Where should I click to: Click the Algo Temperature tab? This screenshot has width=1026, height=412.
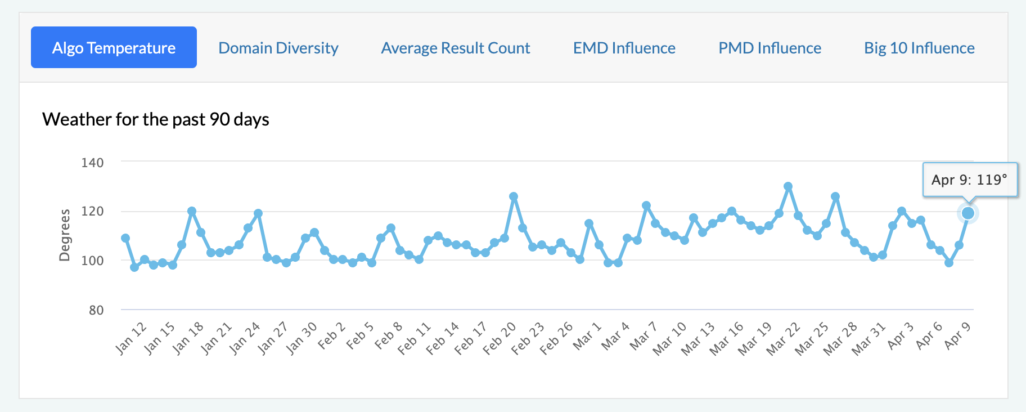pos(114,47)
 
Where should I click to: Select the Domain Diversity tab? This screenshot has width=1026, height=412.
pos(278,48)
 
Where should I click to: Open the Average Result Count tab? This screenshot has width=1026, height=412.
pos(456,48)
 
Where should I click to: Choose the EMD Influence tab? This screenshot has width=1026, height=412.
pos(624,48)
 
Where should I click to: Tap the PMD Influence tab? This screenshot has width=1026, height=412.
pos(770,48)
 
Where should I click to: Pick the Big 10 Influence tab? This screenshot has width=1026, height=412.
pos(920,48)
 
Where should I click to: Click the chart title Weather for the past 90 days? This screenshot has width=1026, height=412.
pos(156,119)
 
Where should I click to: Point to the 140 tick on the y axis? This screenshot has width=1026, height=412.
pos(92,163)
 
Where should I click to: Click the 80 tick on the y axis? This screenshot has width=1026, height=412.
pos(96,310)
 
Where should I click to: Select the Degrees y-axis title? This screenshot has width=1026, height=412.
pos(65,235)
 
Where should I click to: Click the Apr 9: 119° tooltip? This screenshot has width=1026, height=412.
pos(970,180)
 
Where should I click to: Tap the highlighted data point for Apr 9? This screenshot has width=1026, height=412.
pos(968,213)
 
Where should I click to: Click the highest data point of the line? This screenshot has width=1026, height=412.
pos(788,186)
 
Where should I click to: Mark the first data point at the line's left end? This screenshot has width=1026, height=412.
pos(125,238)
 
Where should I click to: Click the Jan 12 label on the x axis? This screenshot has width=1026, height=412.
pos(131,338)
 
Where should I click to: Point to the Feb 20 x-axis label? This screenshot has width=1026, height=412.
pos(499,338)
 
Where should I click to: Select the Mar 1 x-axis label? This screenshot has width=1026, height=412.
pos(587,336)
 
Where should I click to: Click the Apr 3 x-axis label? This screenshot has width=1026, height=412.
pos(901,335)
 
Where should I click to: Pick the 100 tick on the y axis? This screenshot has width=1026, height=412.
pos(92,261)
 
